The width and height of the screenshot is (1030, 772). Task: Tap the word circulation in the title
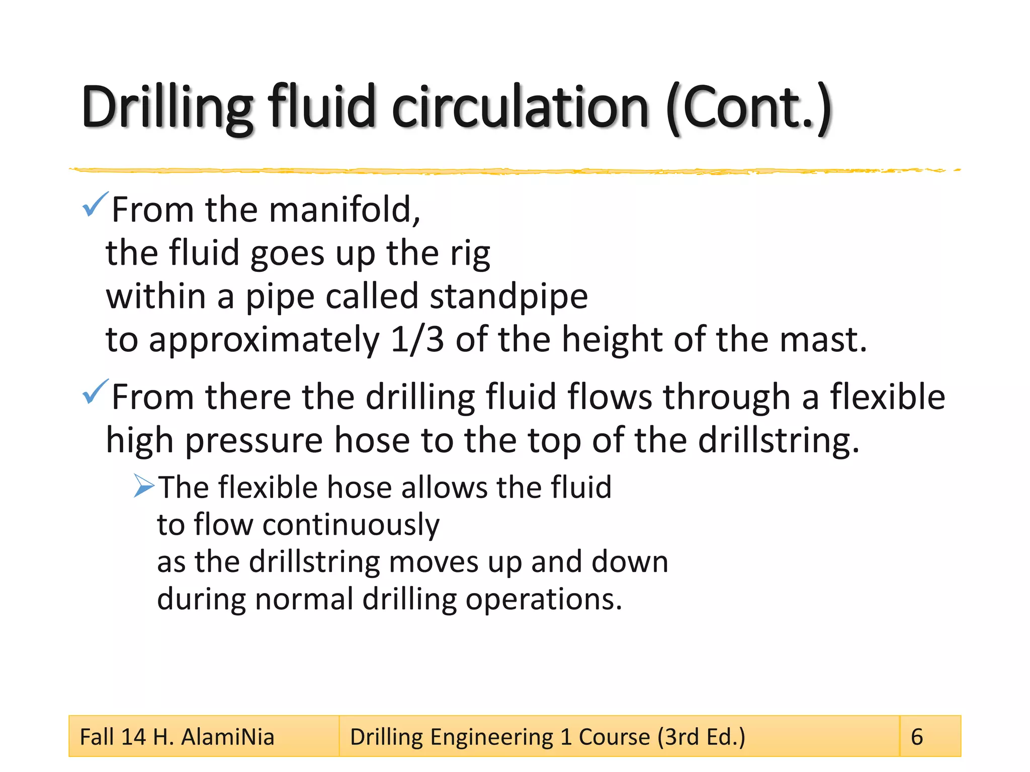520,108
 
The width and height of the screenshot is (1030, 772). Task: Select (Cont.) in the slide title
749,108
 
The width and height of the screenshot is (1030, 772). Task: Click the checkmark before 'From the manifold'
95,205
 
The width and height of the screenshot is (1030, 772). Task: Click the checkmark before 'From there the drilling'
95,392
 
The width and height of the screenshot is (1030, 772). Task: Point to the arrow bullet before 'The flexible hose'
144,486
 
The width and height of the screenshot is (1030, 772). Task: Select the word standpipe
508,296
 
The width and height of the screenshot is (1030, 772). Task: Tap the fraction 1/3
417,339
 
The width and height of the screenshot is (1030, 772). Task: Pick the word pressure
254,440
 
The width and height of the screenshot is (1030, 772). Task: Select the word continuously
351,525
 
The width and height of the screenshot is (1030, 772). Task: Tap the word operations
544,599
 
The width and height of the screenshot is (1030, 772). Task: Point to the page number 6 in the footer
917,737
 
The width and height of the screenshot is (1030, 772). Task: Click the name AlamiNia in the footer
227,737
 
